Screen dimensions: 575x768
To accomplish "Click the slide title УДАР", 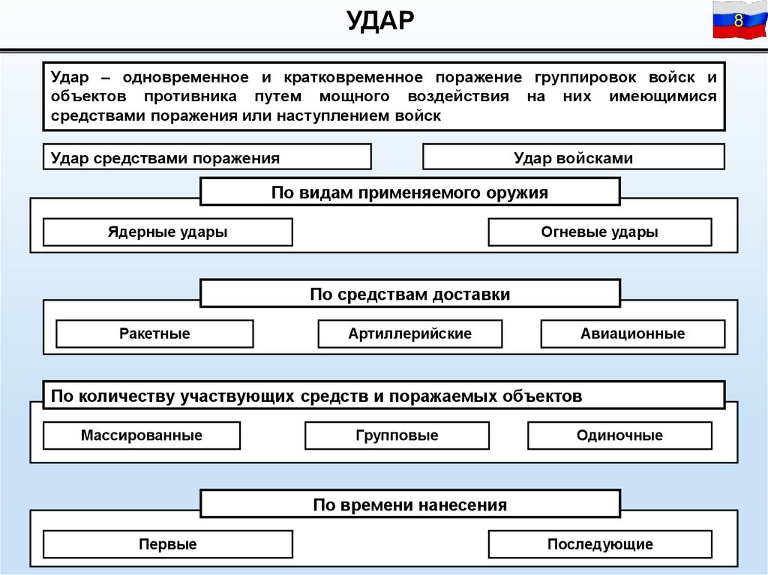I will (x=380, y=20).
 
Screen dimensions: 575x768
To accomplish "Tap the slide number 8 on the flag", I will (x=738, y=20).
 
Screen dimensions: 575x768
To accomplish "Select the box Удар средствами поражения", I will (x=207, y=157).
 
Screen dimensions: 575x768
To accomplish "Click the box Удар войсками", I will (x=574, y=157).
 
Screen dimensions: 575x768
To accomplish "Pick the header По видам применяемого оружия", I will (x=409, y=192).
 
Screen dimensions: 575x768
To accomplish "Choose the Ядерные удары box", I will (x=167, y=232).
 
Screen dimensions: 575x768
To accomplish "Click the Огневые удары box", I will (x=599, y=232).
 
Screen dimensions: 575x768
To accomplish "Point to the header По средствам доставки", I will (x=409, y=294).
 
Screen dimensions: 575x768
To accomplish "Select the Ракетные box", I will (x=154, y=334).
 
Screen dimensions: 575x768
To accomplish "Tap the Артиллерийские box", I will (x=409, y=334).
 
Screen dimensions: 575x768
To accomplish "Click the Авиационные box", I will (x=632, y=334).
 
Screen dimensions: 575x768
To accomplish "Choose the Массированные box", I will (x=142, y=436).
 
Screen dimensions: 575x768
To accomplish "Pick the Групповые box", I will (x=397, y=436).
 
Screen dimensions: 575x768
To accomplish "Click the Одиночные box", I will (x=619, y=436).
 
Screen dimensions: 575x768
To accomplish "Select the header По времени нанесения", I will (x=409, y=505).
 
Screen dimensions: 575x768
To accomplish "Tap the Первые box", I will (x=167, y=544).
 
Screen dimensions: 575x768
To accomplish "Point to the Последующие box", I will (x=599, y=544).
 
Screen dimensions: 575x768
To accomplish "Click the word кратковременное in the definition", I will (x=341, y=77).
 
